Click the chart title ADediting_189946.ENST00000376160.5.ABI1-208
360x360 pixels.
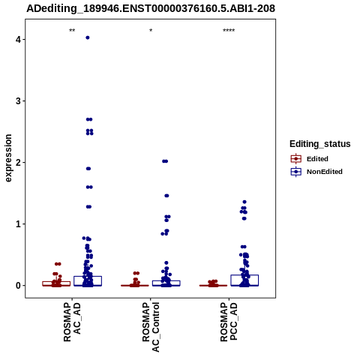click(x=151, y=8)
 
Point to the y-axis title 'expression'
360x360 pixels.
click(x=8, y=158)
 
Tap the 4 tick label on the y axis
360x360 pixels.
click(x=18, y=40)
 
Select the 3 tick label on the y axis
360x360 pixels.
click(x=18, y=101)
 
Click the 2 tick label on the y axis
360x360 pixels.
click(x=18, y=163)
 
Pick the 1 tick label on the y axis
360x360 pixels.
click(x=18, y=224)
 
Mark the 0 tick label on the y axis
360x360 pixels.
click(x=18, y=286)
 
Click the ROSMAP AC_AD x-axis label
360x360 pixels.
click(x=72, y=322)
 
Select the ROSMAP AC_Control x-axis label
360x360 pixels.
click(x=151, y=327)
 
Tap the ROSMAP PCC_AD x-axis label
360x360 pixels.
click(x=229, y=322)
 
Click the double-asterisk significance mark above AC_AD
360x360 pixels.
click(x=72, y=31)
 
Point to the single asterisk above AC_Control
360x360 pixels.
click(x=151, y=31)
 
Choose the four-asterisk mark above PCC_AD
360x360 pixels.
click(x=229, y=31)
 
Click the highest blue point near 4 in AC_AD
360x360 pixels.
click(x=88, y=37)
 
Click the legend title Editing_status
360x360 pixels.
click(x=320, y=144)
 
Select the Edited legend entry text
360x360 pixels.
click(x=317, y=159)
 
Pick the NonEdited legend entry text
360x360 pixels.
click(x=325, y=172)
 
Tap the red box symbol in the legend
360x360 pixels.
click(x=296, y=159)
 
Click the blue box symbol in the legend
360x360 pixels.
click(x=296, y=172)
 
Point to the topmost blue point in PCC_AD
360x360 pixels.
click(x=244, y=202)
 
